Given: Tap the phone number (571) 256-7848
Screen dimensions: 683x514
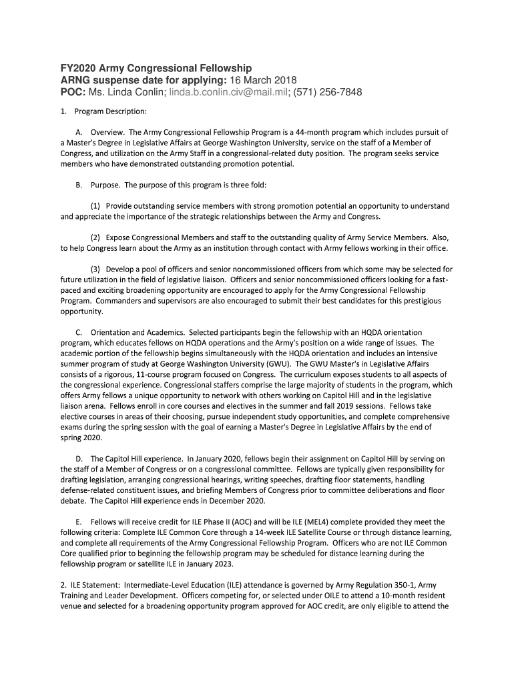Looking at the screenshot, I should click(x=327, y=92).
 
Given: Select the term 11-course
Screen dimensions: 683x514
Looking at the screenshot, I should click(x=176, y=374).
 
